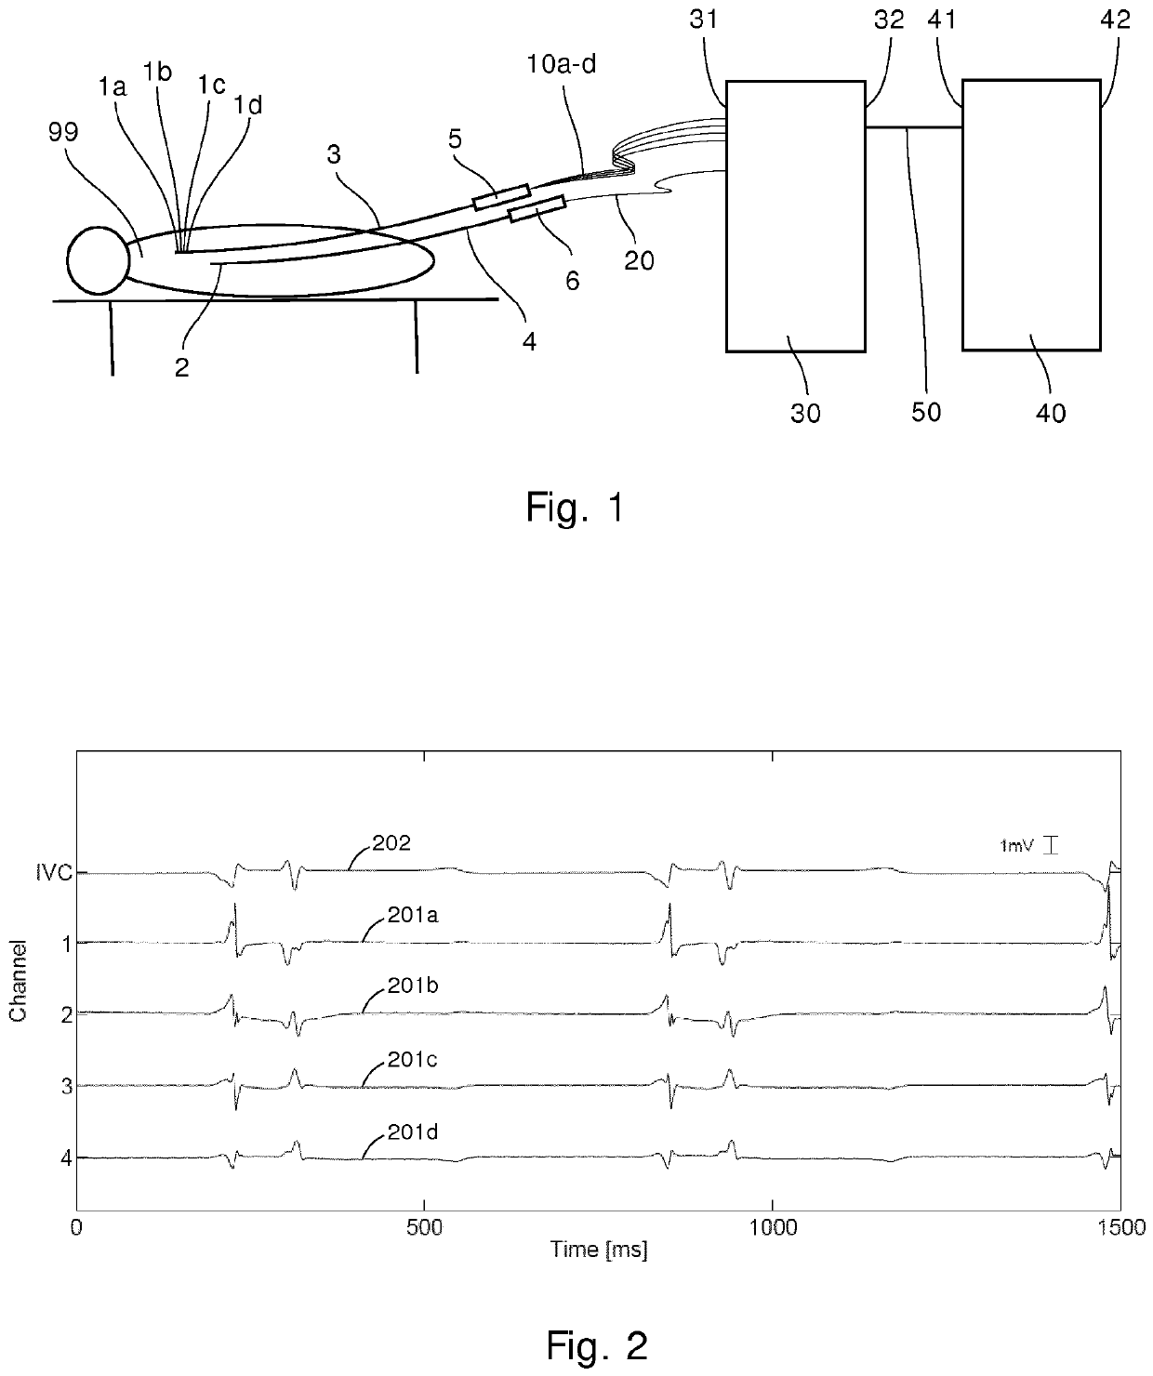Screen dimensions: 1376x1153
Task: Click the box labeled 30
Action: pos(795,216)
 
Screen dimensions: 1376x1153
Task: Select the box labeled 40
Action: pos(1031,216)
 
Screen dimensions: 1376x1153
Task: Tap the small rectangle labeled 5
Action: pos(501,197)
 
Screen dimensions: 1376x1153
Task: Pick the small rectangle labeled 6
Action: pos(537,209)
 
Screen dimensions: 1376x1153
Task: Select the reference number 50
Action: pos(925,410)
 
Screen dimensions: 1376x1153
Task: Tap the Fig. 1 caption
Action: pos(575,508)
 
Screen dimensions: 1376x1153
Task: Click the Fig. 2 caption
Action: pos(595,1344)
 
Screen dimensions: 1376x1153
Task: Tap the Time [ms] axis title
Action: pos(598,1250)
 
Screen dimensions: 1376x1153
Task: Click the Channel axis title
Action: pos(17,982)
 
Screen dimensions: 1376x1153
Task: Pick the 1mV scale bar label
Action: pos(1015,846)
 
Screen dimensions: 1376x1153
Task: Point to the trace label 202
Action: pos(391,843)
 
